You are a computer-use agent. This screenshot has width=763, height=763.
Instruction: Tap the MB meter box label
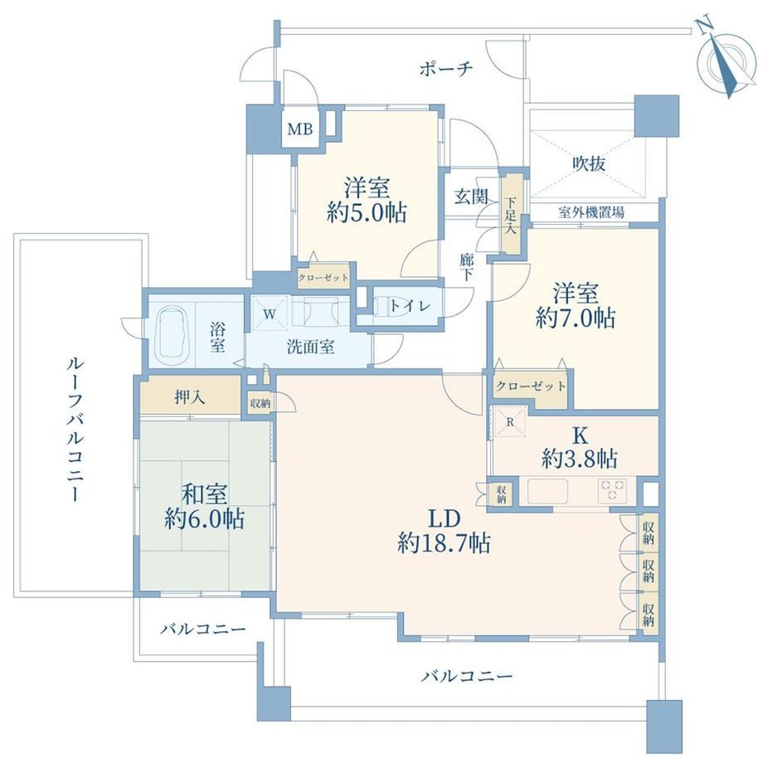(299, 129)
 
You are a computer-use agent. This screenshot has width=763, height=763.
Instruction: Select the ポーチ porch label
(445, 69)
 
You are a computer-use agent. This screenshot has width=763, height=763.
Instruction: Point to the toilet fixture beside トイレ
(393, 305)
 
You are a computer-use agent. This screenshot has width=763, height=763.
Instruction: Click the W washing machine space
(270, 313)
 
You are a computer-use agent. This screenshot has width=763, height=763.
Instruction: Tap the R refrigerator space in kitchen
(509, 421)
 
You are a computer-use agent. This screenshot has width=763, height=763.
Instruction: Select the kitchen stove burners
(612, 489)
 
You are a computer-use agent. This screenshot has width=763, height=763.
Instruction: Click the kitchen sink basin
(547, 492)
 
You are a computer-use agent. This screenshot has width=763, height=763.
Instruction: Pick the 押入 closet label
(190, 397)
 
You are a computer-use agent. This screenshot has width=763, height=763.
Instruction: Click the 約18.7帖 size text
(444, 542)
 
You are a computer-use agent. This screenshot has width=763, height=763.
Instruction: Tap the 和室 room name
(204, 494)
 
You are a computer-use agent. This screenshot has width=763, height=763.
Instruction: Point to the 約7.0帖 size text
(576, 318)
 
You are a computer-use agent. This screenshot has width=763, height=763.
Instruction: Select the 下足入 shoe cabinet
(510, 215)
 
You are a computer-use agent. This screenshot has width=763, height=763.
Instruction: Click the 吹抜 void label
(589, 163)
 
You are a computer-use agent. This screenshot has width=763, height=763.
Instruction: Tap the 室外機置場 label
(591, 211)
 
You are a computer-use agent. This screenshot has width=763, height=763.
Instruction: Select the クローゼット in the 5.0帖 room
(323, 278)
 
